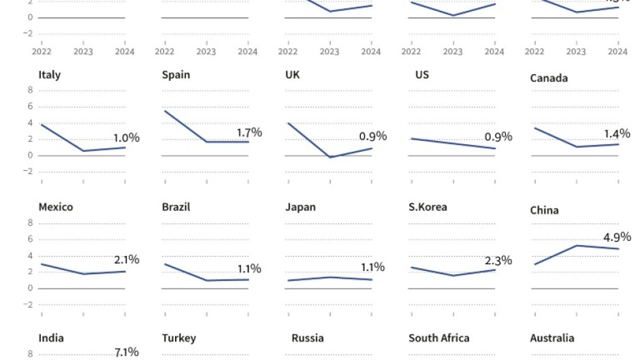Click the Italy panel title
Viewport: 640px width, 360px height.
tap(50, 75)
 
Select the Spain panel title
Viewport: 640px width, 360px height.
tap(176, 75)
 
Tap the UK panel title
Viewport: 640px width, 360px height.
tap(293, 75)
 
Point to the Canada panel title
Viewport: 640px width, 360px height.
tap(549, 78)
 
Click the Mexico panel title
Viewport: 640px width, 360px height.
tap(56, 207)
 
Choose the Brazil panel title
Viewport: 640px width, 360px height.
tap(176, 207)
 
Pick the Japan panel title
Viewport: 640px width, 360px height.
tap(300, 207)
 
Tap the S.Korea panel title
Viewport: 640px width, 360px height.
tap(428, 207)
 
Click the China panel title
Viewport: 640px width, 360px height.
tap(544, 210)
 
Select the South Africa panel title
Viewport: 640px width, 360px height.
tap(438, 338)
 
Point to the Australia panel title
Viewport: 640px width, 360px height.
tap(552, 338)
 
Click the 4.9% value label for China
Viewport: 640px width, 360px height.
tap(617, 238)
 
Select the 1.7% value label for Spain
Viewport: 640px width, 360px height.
tap(249, 132)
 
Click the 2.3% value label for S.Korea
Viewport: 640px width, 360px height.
tap(498, 261)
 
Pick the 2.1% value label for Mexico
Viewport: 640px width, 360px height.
tap(126, 259)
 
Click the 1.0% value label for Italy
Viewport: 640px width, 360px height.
tap(126, 138)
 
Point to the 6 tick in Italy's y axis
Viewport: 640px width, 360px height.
tap(30, 106)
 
